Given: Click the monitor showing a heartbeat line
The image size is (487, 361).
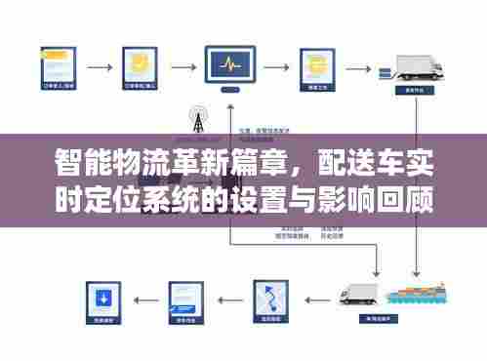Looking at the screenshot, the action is coord(230,66).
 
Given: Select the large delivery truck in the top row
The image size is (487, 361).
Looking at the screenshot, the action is coord(419,67).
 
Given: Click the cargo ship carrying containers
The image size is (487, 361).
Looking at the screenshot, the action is coord(414,294).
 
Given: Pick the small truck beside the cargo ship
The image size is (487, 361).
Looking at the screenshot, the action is coord(358,294).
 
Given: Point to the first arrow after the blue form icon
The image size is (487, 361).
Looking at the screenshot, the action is coord(99,67).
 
